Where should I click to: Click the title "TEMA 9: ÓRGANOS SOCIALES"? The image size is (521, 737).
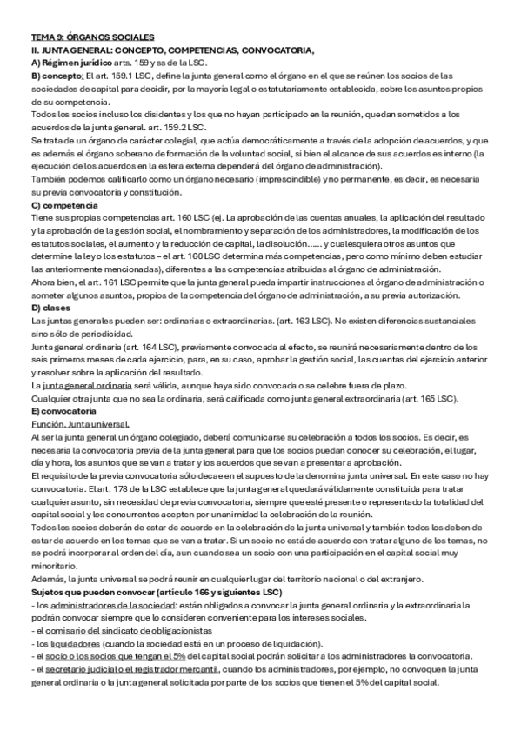[x=91, y=37]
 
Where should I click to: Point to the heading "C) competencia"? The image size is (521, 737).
[x=63, y=204]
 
